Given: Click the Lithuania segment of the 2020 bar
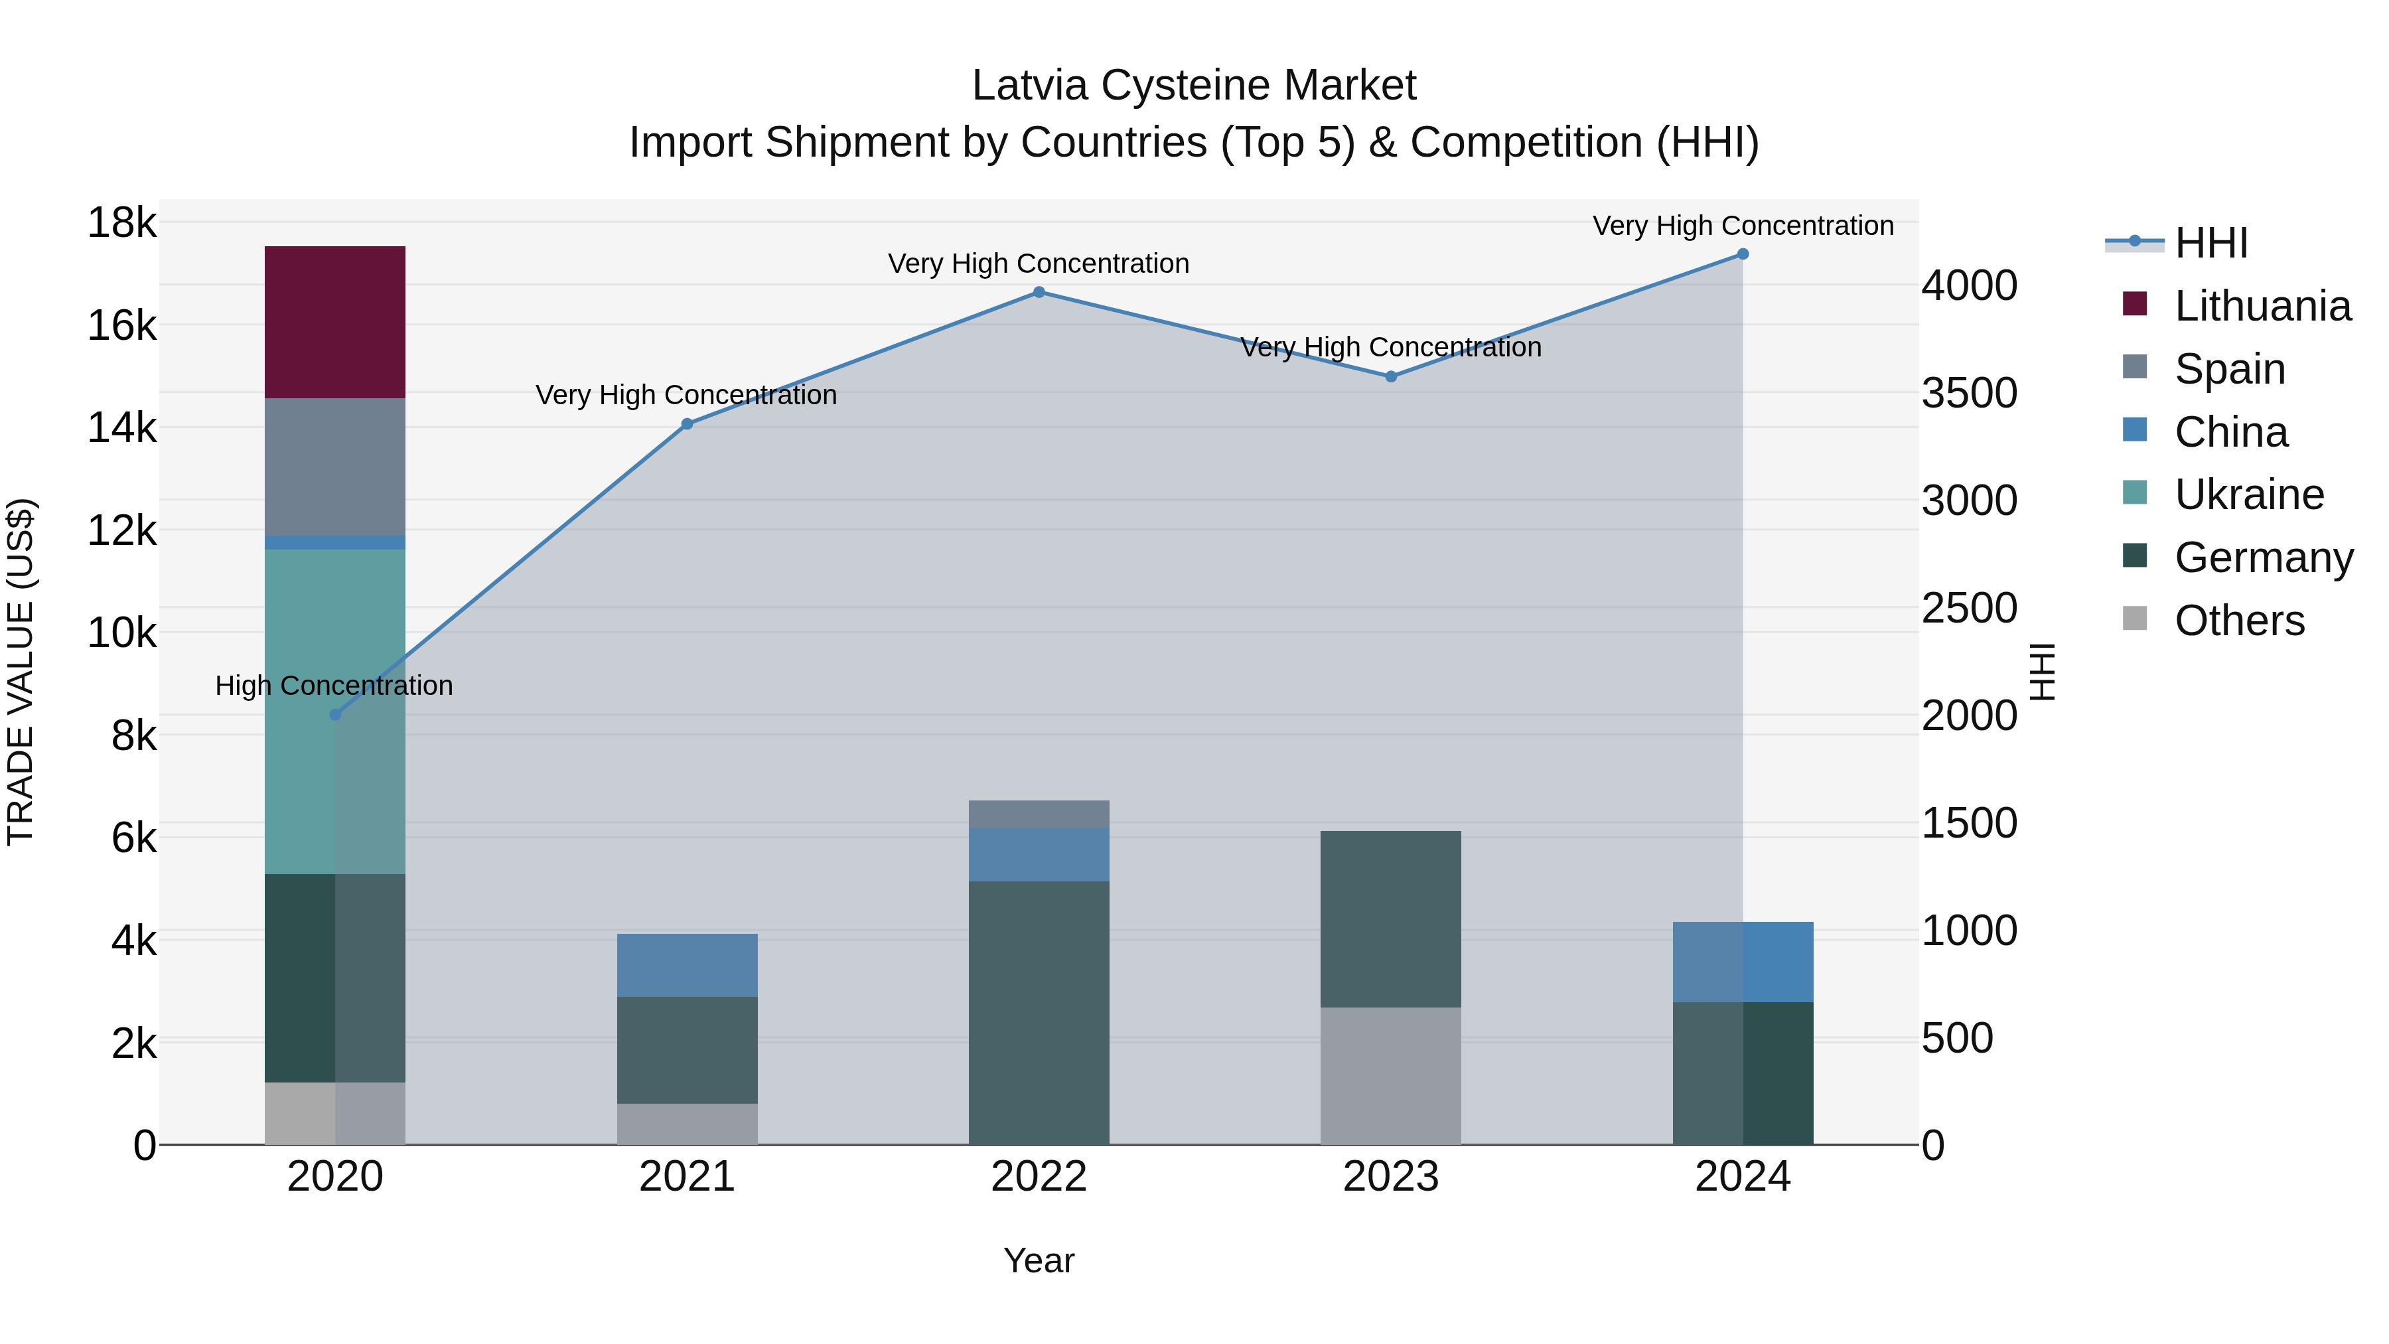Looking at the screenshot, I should (335, 322).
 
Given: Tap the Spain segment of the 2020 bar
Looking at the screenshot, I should (335, 467).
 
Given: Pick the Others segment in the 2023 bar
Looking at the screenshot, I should (1390, 1075).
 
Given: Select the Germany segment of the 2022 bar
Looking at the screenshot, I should (1039, 1012).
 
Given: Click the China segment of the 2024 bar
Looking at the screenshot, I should (1742, 961).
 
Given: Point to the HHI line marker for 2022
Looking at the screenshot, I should (1039, 292).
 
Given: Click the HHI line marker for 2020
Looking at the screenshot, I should (335, 714).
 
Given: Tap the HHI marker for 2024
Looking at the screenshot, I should (1742, 254).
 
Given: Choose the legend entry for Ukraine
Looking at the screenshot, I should (2248, 494).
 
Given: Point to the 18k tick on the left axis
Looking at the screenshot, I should (121, 224).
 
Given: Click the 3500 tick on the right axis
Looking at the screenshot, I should (1968, 394).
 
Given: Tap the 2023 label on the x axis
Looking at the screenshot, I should (1390, 1177).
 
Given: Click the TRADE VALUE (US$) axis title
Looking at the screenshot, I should (21, 672).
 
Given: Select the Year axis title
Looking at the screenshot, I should (1039, 1260).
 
